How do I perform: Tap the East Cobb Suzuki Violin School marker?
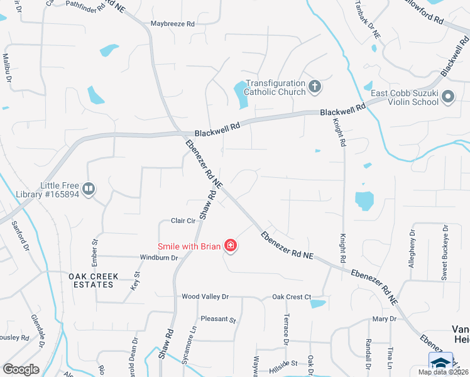[448, 97]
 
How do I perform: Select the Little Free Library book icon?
[89, 188]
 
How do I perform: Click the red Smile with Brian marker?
[231, 246]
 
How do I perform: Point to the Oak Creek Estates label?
[91, 280]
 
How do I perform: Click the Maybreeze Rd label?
[173, 24]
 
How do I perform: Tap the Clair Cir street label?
[185, 221]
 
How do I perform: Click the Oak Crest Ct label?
[292, 297]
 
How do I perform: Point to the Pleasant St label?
[217, 319]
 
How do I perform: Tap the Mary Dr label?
[384, 319]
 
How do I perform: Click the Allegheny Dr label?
[412, 249]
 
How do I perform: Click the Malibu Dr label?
[7, 67]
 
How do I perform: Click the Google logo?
[21, 369]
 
